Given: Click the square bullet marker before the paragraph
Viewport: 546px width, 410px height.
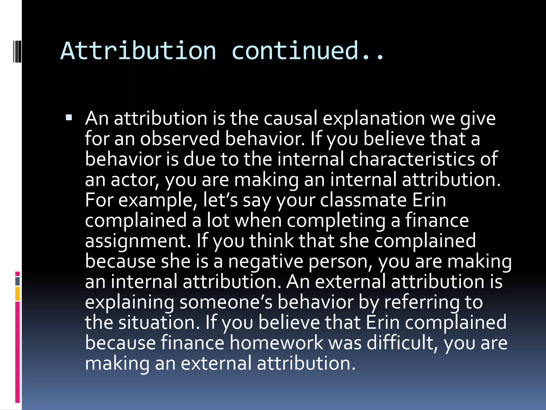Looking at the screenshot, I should tap(69, 117).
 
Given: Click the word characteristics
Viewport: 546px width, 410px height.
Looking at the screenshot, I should tap(412, 159).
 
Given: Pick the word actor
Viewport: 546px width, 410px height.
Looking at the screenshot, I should tap(135, 180).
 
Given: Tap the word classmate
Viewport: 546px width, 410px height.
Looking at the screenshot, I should tap(363, 200).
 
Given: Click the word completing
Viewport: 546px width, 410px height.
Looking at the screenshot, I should tap(336, 220).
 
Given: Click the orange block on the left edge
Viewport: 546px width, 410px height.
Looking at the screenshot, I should tap(18, 294).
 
